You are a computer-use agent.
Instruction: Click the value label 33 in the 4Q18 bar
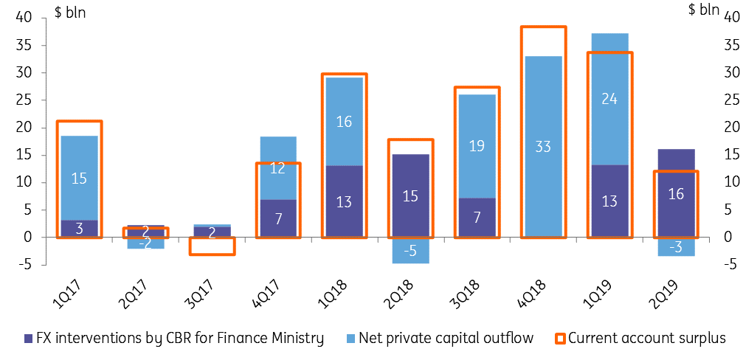(x=543, y=146)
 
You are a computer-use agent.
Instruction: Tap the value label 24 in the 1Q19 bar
(x=609, y=98)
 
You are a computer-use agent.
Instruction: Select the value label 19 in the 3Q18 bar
(x=477, y=145)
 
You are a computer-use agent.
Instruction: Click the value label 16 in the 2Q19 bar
(x=676, y=195)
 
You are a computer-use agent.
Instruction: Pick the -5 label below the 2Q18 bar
(x=410, y=251)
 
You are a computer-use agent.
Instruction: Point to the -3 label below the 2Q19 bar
(x=676, y=246)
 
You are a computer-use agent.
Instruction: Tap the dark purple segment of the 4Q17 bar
(x=277, y=218)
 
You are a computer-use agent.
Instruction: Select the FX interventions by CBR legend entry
(x=170, y=339)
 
